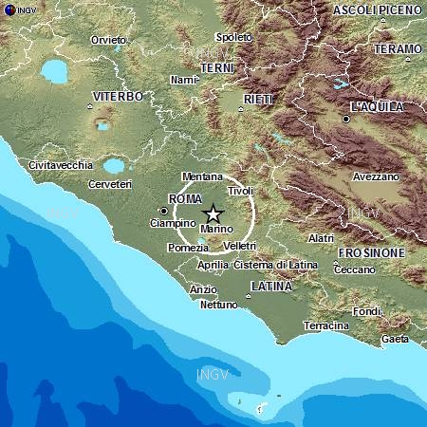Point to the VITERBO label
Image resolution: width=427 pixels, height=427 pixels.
click(118, 97)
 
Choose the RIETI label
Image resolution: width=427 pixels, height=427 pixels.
click(258, 99)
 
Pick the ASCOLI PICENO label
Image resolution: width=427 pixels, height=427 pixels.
click(377, 9)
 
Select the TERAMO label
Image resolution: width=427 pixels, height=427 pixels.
click(398, 48)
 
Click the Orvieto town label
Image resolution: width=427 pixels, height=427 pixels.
click(108, 40)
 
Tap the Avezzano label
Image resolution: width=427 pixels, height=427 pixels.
click(377, 176)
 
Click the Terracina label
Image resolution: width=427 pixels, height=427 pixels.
click(325, 325)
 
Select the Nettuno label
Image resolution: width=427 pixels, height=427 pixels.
click(218, 305)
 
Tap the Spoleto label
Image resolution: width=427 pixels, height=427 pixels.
click(234, 37)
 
